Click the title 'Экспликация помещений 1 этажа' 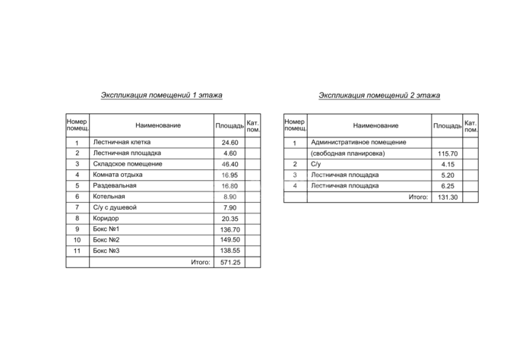(x=161, y=96)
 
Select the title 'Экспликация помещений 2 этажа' (x=379, y=96)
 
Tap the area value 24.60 (x=230, y=143)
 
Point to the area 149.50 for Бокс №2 (x=230, y=240)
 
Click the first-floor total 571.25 (x=230, y=262)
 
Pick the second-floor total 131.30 (x=447, y=197)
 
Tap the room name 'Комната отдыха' (x=118, y=175)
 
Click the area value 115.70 (x=447, y=153)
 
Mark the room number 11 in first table (x=77, y=251)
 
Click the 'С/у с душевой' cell (x=115, y=207)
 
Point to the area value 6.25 (x=447, y=186)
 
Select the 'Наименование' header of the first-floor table (x=158, y=125)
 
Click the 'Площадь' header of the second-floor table (x=447, y=125)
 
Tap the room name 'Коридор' (x=107, y=219)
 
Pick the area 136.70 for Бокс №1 (x=230, y=229)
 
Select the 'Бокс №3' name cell (x=107, y=251)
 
